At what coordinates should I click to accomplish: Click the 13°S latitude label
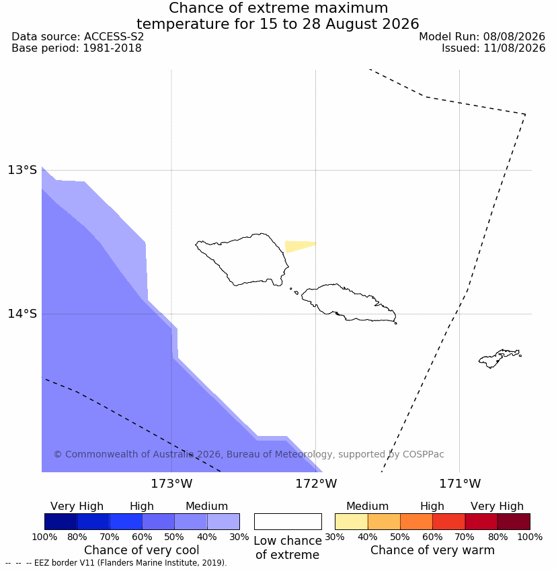click(x=22, y=170)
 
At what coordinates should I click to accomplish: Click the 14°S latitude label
click(x=22, y=314)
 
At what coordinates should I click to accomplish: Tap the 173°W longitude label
click(x=171, y=484)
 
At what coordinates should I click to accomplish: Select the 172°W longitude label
click(x=316, y=484)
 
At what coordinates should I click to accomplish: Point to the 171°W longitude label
click(x=460, y=484)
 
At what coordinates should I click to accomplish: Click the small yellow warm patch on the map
click(x=297, y=246)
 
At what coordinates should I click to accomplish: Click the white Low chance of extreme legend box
click(x=288, y=521)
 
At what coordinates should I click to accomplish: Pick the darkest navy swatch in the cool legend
click(x=61, y=521)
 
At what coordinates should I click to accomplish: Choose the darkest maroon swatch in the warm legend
click(x=514, y=521)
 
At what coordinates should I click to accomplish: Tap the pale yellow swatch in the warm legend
click(x=351, y=521)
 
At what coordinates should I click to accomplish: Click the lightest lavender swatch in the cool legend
click(x=223, y=521)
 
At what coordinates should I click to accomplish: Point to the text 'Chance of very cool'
click(x=142, y=550)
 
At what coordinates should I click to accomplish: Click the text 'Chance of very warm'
click(x=432, y=550)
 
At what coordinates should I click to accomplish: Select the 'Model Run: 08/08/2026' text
click(x=482, y=37)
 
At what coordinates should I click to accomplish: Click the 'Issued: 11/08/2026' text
click(x=493, y=48)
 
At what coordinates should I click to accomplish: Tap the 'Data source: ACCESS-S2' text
click(x=77, y=37)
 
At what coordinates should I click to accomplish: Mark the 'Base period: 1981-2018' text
click(x=77, y=48)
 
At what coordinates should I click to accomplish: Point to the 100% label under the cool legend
click(x=44, y=537)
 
